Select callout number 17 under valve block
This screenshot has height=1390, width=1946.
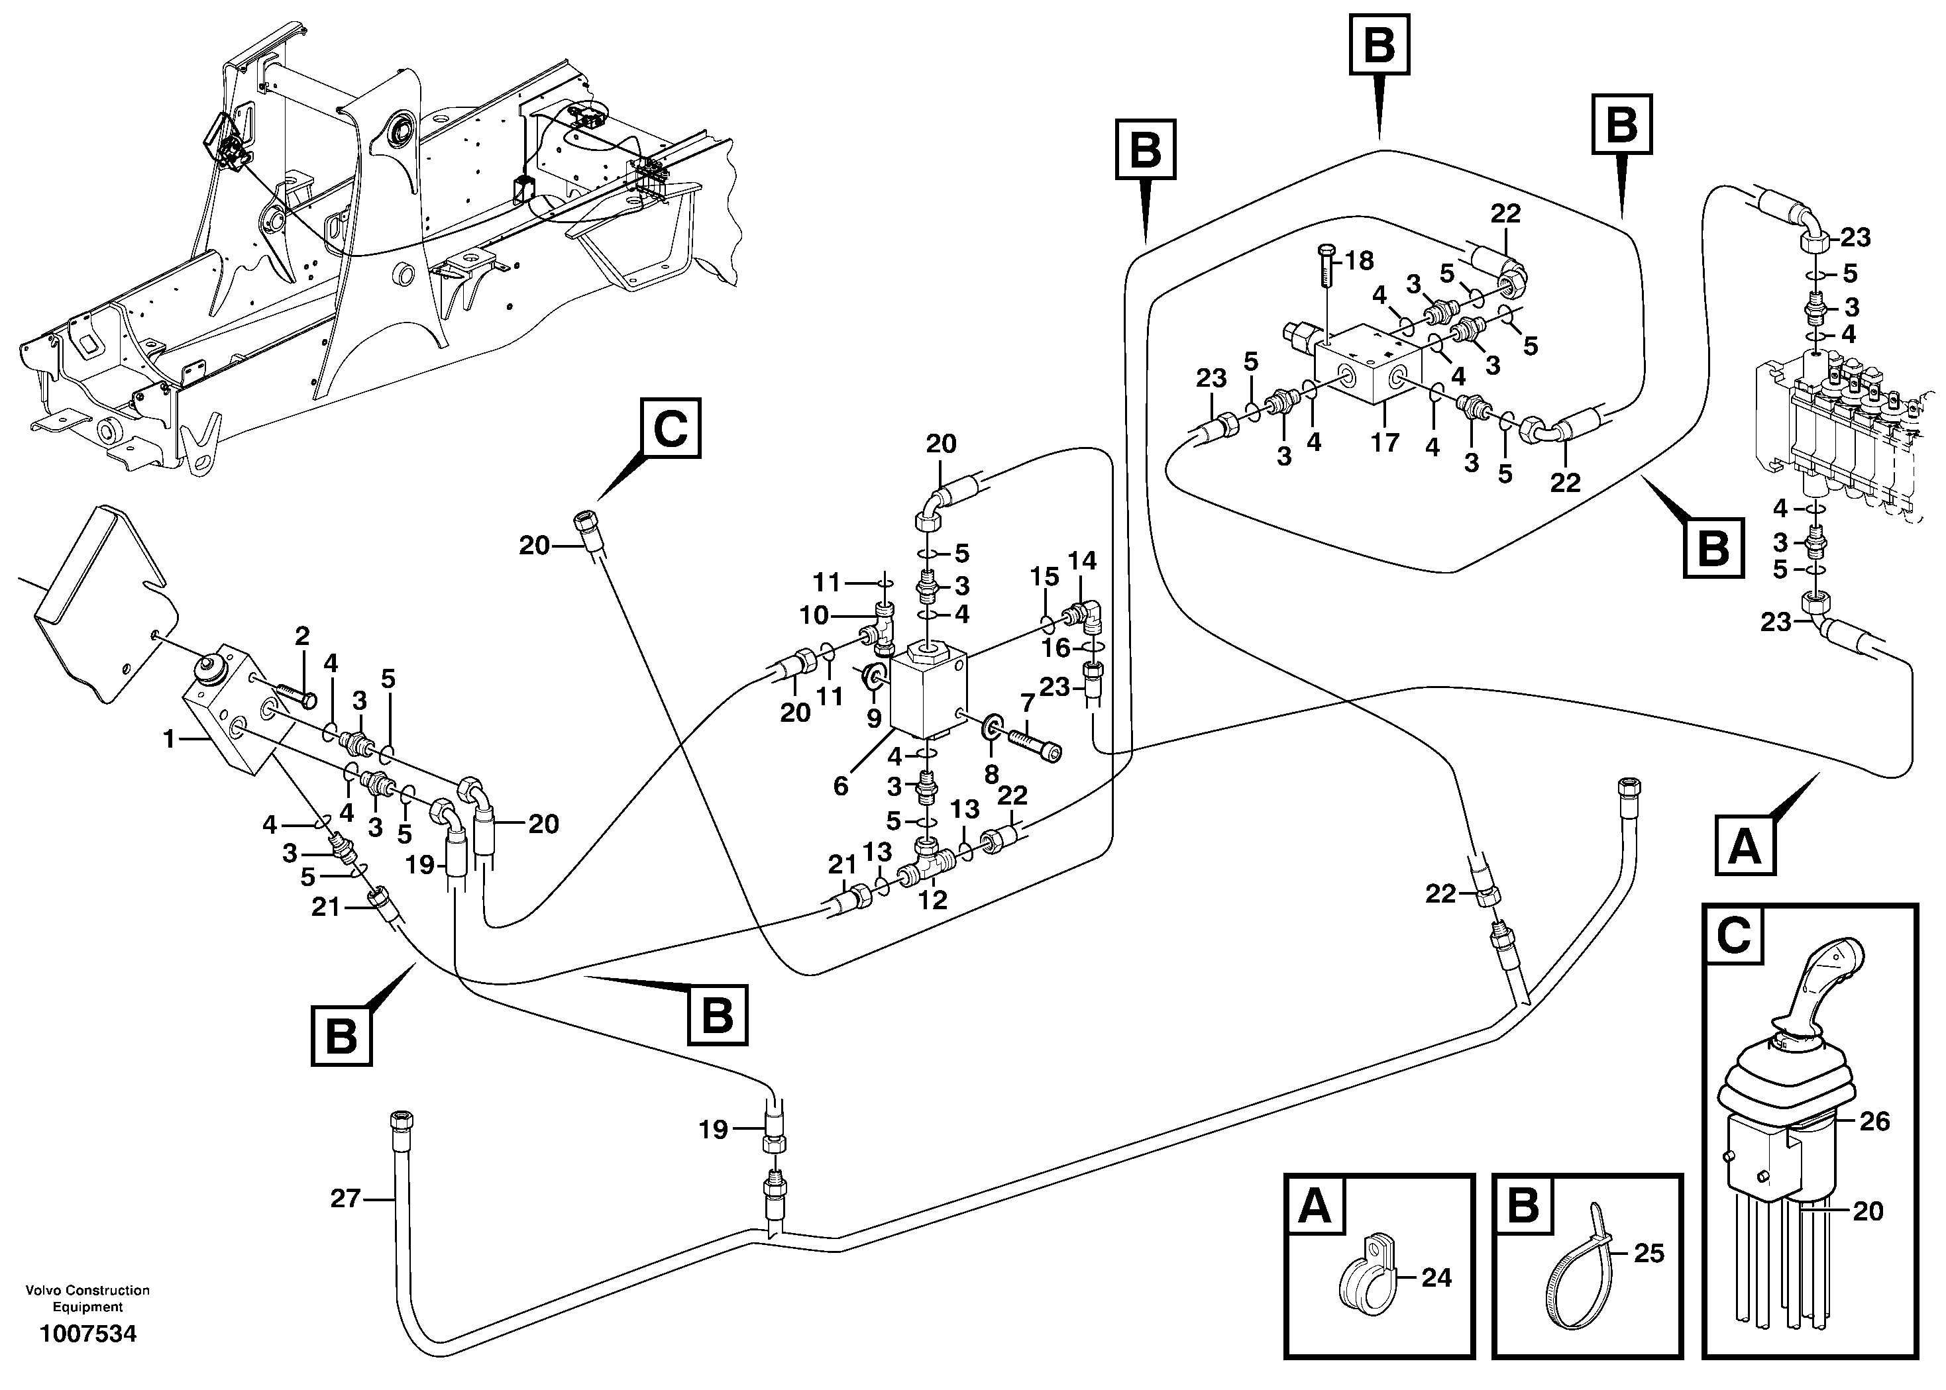(1385, 442)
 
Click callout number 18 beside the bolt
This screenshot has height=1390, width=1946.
(1359, 260)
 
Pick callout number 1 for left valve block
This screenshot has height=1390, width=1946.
(170, 738)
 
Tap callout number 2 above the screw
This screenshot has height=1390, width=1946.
(301, 636)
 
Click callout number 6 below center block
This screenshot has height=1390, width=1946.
(841, 786)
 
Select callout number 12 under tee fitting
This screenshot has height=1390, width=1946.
(932, 899)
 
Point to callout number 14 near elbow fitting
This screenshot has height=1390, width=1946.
(1082, 562)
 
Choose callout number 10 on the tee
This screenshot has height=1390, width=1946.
(814, 615)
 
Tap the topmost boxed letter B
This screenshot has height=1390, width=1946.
(1379, 44)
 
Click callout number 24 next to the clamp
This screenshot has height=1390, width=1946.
(1436, 1278)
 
